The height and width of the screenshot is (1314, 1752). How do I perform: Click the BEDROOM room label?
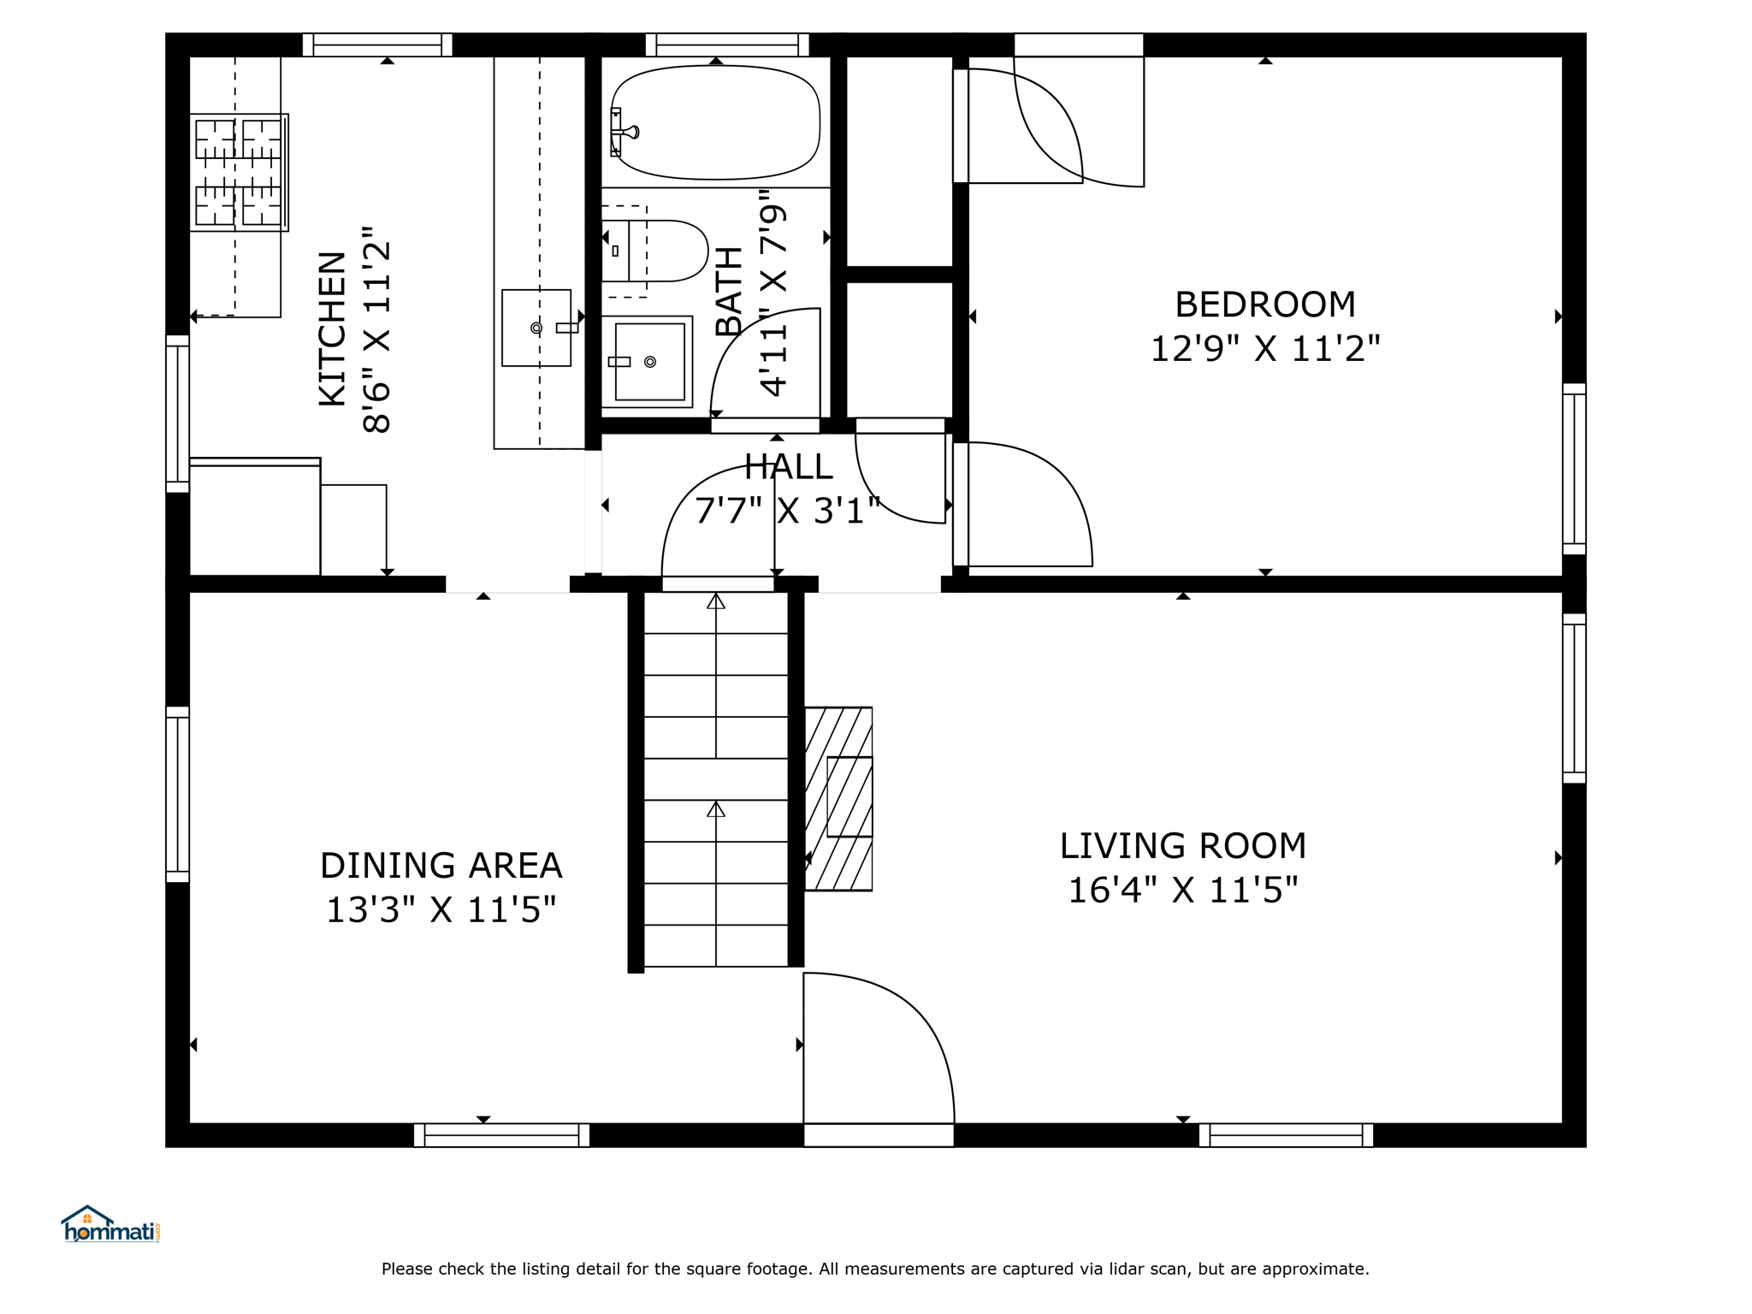click(x=1264, y=305)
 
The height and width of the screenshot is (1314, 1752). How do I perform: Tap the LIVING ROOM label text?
click(x=1182, y=846)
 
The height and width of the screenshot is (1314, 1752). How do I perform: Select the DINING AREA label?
click(x=441, y=866)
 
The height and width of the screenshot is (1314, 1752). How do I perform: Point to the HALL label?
click(x=788, y=467)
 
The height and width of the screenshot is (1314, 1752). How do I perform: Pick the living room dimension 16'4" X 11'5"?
click(x=1182, y=890)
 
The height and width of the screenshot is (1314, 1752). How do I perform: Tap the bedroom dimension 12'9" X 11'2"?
click(x=1264, y=348)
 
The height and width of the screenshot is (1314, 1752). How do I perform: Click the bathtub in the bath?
click(x=715, y=122)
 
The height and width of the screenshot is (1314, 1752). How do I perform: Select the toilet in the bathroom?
click(x=654, y=251)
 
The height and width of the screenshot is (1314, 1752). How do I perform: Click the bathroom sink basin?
click(x=647, y=362)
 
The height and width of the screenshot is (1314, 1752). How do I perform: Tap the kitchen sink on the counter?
click(x=536, y=328)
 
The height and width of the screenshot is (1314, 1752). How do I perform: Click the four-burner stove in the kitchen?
click(x=239, y=173)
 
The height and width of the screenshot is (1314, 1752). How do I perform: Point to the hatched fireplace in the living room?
click(x=838, y=799)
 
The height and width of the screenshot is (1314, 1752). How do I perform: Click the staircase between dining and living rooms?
click(x=715, y=778)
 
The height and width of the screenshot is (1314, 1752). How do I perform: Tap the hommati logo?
click(x=110, y=1224)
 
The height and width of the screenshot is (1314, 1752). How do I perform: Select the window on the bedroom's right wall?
click(x=1574, y=469)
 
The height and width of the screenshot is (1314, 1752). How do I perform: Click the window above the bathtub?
click(x=727, y=44)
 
